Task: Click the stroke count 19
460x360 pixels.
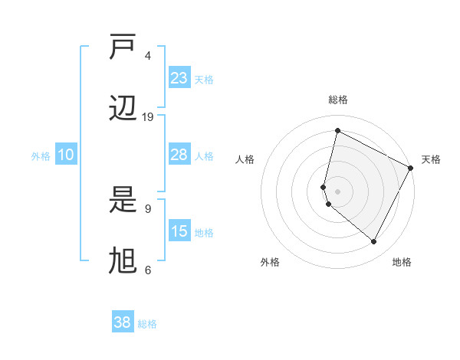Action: click(148, 117)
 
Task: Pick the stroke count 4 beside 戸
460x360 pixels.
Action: click(148, 56)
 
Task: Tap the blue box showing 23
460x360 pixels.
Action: click(179, 78)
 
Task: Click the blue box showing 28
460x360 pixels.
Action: click(179, 155)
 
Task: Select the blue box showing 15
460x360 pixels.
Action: click(179, 231)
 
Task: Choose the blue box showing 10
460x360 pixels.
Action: click(66, 155)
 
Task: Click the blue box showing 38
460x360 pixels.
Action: click(123, 322)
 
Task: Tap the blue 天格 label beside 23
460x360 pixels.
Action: click(204, 80)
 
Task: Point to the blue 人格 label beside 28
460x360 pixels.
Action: click(204, 156)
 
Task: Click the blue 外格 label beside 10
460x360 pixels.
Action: click(41, 156)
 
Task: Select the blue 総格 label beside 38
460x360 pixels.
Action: click(147, 324)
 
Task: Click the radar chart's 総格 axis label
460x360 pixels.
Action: click(337, 100)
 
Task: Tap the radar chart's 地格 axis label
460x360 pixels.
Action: click(402, 262)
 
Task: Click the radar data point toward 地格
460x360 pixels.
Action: click(374, 241)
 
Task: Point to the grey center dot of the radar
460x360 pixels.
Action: click(337, 191)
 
